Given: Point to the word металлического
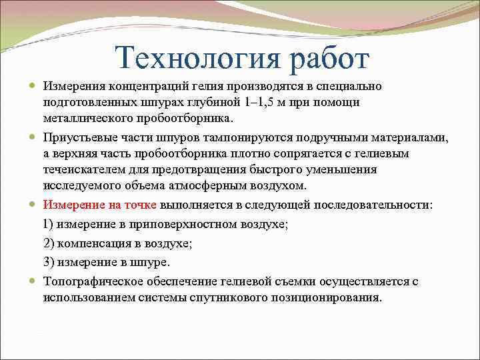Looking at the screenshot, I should click(x=86, y=118).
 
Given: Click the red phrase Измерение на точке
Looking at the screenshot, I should click(x=100, y=204).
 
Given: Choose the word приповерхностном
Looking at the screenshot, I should click(x=190, y=224).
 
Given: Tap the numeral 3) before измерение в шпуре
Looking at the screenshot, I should click(x=49, y=262).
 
